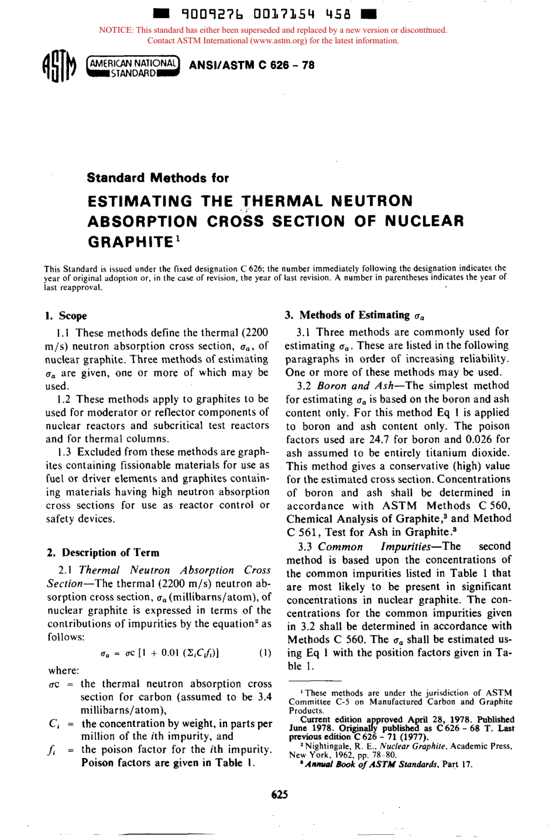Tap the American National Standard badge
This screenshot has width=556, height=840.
click(133, 68)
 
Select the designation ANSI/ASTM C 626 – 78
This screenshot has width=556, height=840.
click(252, 65)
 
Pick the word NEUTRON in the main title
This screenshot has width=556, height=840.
click(372, 201)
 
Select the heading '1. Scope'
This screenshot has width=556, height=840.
click(66, 316)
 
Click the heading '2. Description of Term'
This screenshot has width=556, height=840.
click(102, 553)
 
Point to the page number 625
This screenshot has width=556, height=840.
click(279, 794)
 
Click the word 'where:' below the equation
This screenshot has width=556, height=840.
click(63, 670)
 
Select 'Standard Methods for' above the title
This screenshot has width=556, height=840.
click(158, 178)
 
